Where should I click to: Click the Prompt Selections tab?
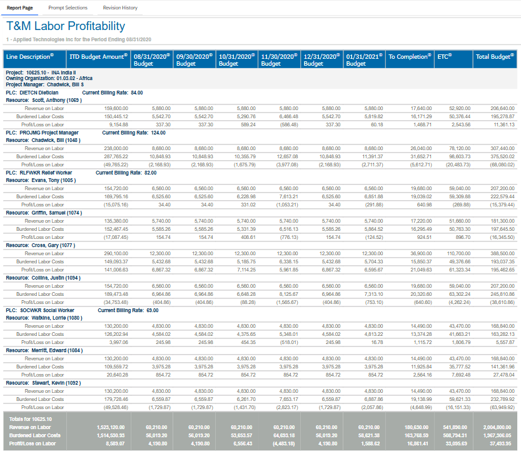tap(68, 8)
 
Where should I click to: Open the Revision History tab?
tap(120, 8)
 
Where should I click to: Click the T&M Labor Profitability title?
tap(66, 26)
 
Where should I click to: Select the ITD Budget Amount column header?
tap(98, 56)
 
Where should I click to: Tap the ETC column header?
tap(444, 56)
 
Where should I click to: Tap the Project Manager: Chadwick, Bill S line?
tap(44, 84)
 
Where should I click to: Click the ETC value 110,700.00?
tap(459, 253)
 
